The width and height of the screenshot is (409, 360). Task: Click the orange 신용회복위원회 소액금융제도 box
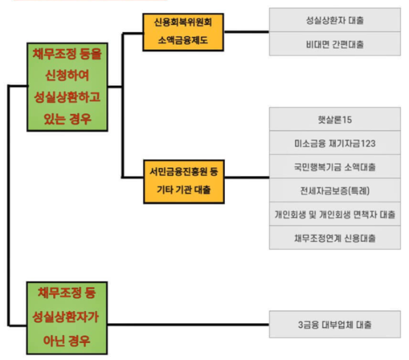pos(183,31)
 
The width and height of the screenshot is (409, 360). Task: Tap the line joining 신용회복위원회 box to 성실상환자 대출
pos(247,31)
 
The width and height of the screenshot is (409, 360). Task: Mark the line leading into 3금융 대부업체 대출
pos(191,324)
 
